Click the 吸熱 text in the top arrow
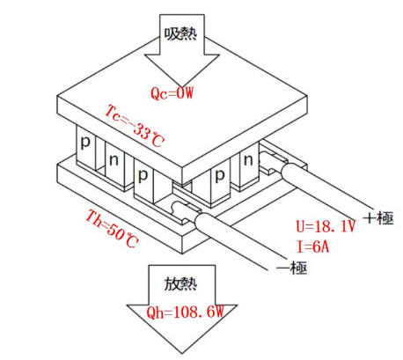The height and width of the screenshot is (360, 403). click(x=180, y=34)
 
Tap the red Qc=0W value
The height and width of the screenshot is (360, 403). click(x=172, y=93)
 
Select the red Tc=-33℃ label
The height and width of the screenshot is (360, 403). click(x=134, y=127)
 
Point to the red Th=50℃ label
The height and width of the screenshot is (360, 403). click(x=112, y=229)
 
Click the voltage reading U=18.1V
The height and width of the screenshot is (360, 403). click(x=326, y=226)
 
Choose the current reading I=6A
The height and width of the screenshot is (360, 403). click(x=312, y=246)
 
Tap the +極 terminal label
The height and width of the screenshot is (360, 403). click(x=378, y=218)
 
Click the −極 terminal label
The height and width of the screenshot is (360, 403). click(x=292, y=268)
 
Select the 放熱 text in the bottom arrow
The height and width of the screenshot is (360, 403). click(x=180, y=283)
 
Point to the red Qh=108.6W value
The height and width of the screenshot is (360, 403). click(x=186, y=312)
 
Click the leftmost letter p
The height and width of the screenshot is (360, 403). click(x=85, y=143)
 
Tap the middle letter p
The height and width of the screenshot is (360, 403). click(x=143, y=175)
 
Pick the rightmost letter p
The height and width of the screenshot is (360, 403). click(x=220, y=175)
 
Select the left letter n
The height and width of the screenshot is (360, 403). click(x=114, y=160)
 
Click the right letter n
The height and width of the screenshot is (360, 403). click(x=248, y=160)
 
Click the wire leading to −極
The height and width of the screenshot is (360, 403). click(x=235, y=240)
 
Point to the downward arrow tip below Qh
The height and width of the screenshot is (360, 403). click(x=182, y=353)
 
